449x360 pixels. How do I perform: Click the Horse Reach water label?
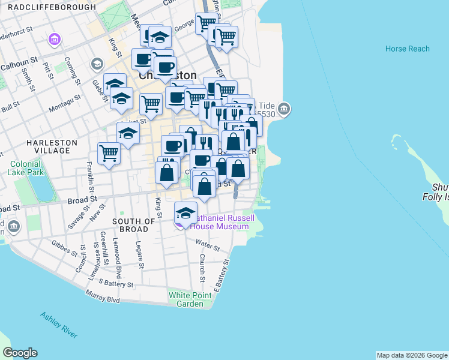click(x=407, y=49)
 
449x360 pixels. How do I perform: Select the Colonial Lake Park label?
click(x=25, y=167)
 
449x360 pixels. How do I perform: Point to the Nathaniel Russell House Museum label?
click(x=220, y=222)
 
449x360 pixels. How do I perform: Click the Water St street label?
click(x=208, y=245)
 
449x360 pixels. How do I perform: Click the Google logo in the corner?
click(x=20, y=353)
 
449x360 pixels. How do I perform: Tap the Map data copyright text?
click(x=412, y=355)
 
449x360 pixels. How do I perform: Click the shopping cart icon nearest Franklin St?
click(x=109, y=153)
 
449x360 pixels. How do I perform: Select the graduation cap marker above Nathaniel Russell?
click(x=185, y=212)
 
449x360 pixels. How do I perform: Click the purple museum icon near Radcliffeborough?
click(x=55, y=40)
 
